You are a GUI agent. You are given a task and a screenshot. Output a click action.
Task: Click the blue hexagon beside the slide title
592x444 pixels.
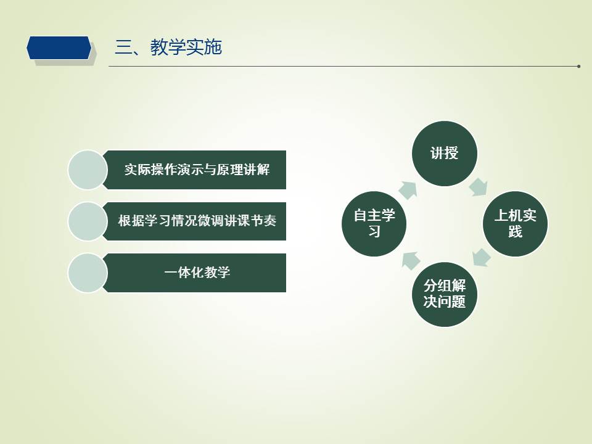[x=59, y=48]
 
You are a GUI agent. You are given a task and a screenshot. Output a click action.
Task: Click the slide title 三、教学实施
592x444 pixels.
[x=168, y=47]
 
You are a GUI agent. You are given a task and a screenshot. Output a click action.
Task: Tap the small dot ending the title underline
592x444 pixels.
[x=578, y=67]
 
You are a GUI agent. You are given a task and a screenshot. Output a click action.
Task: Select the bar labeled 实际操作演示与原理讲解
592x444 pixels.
[x=195, y=170]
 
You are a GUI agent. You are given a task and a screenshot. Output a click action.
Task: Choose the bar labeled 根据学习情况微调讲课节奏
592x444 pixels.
[x=195, y=221]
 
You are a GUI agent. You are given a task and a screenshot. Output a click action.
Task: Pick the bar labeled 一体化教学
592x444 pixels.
[x=195, y=273]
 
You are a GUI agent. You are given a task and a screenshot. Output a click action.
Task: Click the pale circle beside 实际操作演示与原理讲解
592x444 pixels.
[x=88, y=170]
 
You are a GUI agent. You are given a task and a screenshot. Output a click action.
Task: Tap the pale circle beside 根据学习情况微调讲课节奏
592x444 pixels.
[x=88, y=221]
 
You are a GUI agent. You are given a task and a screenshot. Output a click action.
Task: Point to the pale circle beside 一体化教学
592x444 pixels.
[x=88, y=273]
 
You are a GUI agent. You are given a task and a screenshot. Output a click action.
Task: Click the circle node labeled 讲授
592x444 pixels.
[x=445, y=154]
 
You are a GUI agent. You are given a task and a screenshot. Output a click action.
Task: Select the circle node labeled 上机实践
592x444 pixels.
[x=515, y=224]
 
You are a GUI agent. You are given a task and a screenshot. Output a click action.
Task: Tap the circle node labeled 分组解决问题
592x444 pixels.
[x=445, y=295]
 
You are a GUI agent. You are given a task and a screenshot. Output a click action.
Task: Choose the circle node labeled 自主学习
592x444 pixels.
[x=374, y=224]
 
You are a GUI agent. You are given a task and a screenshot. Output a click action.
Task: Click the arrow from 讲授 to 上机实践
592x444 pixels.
[x=479, y=187]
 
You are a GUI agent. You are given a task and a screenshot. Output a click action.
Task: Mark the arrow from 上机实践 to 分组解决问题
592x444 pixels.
[x=481, y=258]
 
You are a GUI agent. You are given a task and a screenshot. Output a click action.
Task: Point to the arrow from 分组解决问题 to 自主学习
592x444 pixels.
[x=411, y=260]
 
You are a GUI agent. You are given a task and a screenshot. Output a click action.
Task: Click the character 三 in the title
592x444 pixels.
[x=123, y=47]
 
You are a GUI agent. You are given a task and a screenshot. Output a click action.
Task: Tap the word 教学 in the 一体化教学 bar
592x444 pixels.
[x=216, y=273]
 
